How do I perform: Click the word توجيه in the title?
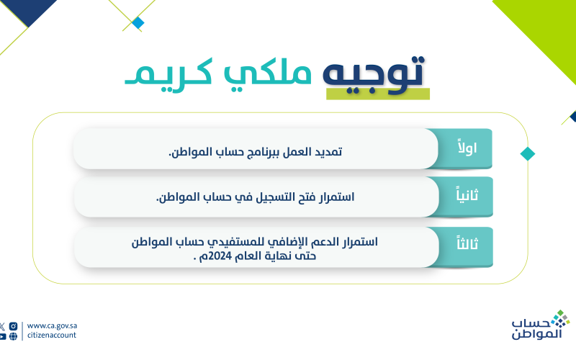[373, 75]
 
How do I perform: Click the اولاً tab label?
[467, 147]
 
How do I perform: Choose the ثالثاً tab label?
[467, 243]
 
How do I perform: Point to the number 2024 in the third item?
[220, 256]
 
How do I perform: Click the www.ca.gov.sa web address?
[52, 326]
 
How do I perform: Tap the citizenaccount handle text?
[52, 335]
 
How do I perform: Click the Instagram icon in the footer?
[13, 326]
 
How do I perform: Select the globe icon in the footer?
[13, 336]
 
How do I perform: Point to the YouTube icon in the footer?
[2, 336]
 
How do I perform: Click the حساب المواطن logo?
[541, 325]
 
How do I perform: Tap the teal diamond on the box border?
[528, 154]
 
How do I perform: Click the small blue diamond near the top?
[138, 23]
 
